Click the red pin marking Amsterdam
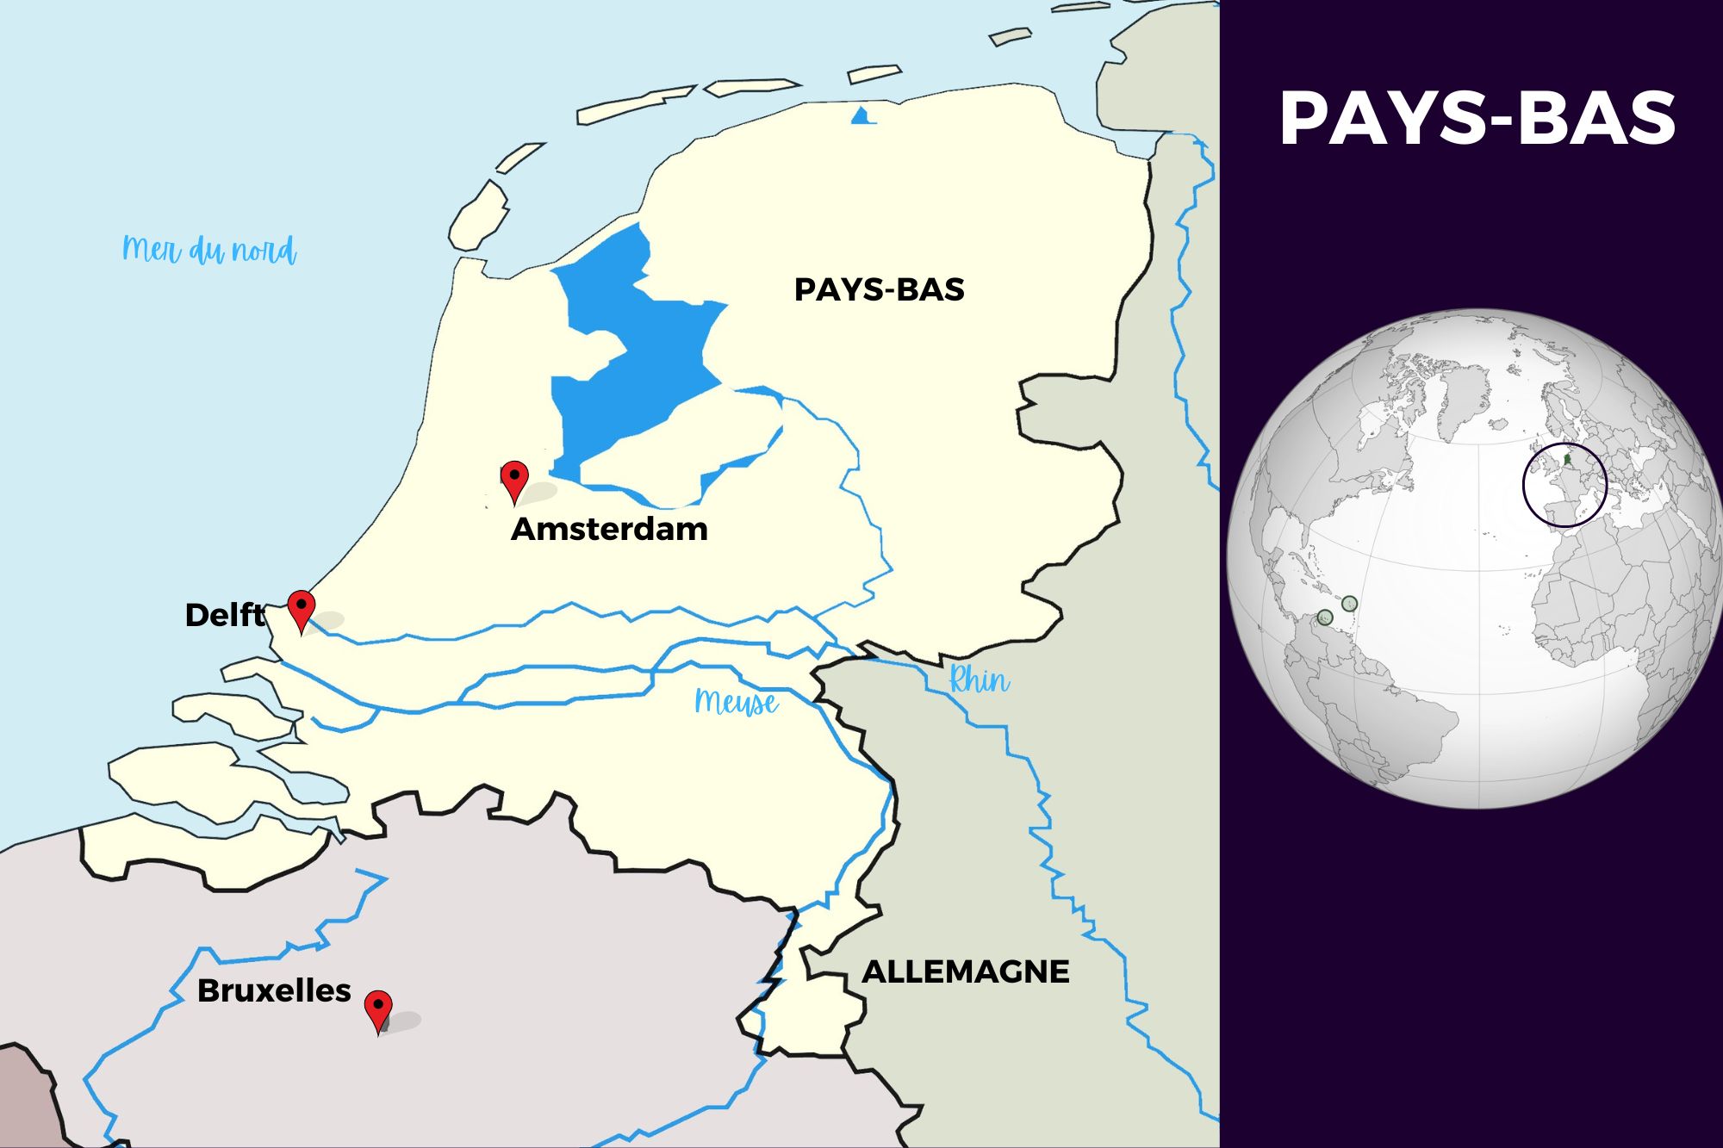point(514,479)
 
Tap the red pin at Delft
point(301,609)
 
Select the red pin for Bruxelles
point(378,1008)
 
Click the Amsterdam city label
point(609,529)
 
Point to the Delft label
point(225,615)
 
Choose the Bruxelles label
point(274,990)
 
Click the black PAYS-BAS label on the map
point(879,290)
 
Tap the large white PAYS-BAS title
point(1477,118)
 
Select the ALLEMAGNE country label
point(965,971)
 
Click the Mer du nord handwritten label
point(209,250)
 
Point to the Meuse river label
point(737,702)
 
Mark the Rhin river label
point(979,680)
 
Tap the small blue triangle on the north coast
point(861,116)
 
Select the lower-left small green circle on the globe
point(1325,617)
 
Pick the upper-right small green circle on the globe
point(1350,604)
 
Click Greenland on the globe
point(1456,396)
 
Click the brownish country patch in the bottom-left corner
point(26,1102)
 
